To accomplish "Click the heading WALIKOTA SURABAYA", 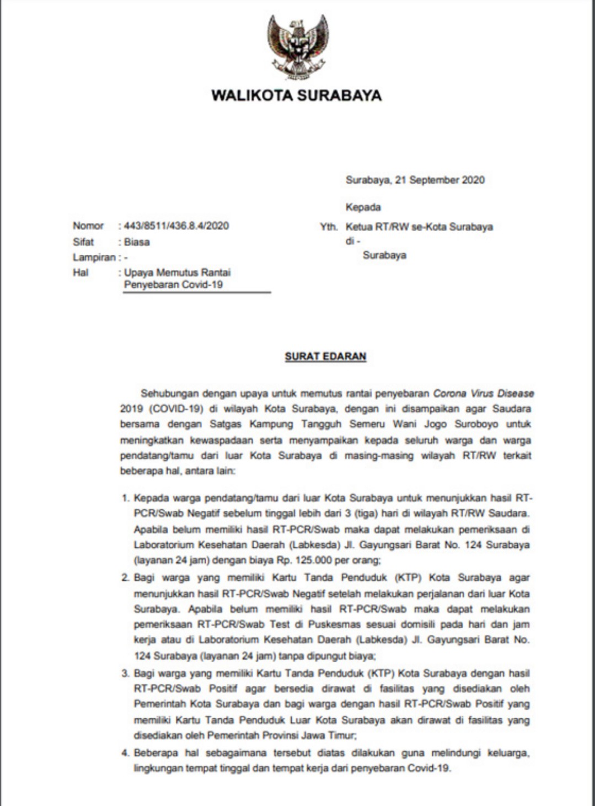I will [x=297, y=95].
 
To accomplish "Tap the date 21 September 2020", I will [x=439, y=180].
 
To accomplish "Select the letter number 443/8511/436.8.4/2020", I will [x=176, y=226].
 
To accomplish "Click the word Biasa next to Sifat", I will [x=137, y=242].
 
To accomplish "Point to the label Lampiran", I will [x=94, y=257].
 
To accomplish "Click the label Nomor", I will [x=88, y=226].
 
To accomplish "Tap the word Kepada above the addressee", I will [x=363, y=207].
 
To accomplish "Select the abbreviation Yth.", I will [x=329, y=227].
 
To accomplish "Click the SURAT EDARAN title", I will [x=325, y=356].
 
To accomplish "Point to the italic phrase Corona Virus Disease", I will [x=484, y=394].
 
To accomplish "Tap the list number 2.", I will [x=125, y=578].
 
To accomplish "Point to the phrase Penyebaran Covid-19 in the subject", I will [x=173, y=285].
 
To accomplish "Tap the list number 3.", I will [x=125, y=674].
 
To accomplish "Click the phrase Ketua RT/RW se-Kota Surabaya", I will [x=419, y=227].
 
